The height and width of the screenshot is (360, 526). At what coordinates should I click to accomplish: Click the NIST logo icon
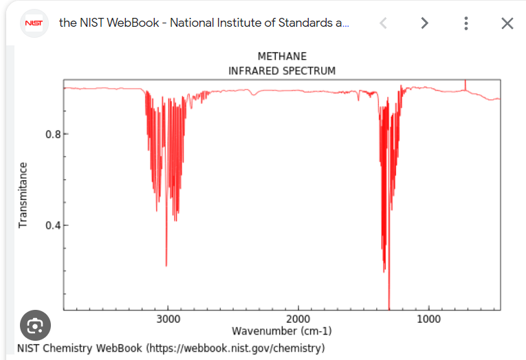[x=34, y=23]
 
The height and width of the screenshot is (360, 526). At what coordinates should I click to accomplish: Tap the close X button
[x=507, y=23]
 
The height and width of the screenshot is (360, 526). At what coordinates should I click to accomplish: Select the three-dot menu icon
[x=466, y=23]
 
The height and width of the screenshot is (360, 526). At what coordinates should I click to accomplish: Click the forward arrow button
[x=424, y=23]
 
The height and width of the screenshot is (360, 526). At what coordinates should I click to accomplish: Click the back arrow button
[x=383, y=23]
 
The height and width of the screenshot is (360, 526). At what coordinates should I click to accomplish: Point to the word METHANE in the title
[x=282, y=56]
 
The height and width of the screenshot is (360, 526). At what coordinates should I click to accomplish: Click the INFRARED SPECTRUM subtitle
[x=282, y=71]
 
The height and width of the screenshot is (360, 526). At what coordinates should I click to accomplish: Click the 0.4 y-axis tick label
[x=53, y=225]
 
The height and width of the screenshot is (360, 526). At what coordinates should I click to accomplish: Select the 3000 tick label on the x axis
[x=168, y=319]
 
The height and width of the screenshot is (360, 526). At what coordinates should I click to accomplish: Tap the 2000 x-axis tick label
[x=298, y=319]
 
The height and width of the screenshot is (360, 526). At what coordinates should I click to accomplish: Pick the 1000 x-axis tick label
[x=428, y=319]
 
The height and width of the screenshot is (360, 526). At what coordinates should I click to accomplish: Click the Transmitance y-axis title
[x=23, y=195]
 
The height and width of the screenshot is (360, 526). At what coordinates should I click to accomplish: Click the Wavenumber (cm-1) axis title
[x=282, y=331]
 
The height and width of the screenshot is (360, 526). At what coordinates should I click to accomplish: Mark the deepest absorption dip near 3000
[x=166, y=264]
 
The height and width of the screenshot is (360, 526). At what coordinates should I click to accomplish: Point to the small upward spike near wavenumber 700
[x=465, y=83]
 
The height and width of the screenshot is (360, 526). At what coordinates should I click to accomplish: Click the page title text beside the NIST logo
[x=204, y=23]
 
